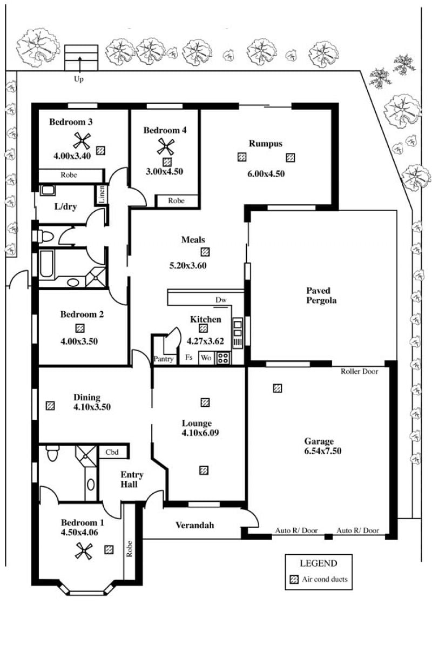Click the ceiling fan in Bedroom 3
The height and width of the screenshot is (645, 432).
pos(82,141)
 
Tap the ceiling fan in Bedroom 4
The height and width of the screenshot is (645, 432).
pos(166,146)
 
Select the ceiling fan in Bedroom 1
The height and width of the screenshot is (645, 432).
pos(84,551)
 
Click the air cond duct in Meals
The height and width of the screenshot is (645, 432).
pos(205,252)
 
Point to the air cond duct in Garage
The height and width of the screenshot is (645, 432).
pos(278,388)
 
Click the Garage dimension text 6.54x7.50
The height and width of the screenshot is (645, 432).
pos(323,451)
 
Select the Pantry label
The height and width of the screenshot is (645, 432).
pos(164,359)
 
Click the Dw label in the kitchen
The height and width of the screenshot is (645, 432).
pos(221,300)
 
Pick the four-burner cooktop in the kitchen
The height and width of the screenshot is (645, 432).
pos(223,358)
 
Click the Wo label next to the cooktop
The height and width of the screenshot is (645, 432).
pos(206,358)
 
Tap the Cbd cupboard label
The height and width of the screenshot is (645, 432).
pos(112,452)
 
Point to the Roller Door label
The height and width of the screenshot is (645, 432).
pos(359,372)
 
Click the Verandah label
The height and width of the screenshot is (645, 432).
pos(195,525)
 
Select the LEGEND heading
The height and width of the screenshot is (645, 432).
pos(319,563)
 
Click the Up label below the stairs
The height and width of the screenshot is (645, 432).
pos(78,79)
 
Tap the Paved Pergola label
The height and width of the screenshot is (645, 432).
pos(321,295)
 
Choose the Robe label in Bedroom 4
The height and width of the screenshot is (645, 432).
pos(177,201)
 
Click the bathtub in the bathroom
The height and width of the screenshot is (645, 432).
pos(46,263)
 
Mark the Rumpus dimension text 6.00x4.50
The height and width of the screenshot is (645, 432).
pos(266,173)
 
